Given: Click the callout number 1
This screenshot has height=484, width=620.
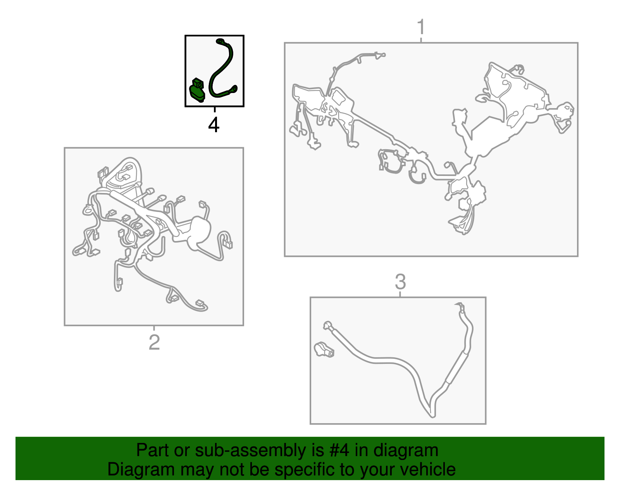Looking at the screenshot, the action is [x=421, y=28].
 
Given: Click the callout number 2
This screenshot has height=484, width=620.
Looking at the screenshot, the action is [x=154, y=342].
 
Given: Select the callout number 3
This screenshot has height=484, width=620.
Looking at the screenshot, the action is [x=400, y=281].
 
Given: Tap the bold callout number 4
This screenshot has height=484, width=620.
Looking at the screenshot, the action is [x=214, y=125].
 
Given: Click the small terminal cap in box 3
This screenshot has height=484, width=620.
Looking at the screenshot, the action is [x=324, y=350].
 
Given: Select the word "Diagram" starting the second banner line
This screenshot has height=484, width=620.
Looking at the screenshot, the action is [x=141, y=469].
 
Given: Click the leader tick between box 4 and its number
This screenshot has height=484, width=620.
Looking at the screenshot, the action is [x=215, y=110].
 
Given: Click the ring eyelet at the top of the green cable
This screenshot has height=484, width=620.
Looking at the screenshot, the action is [x=220, y=41].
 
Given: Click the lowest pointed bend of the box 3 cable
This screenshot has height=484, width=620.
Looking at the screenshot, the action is [x=432, y=417].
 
